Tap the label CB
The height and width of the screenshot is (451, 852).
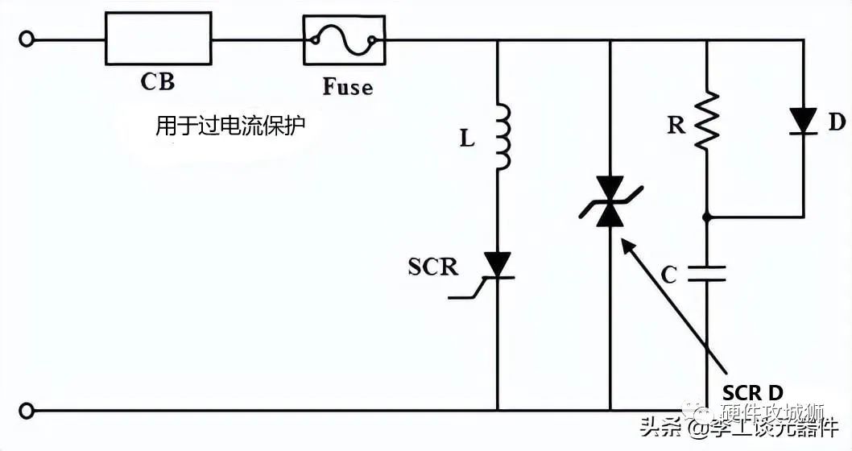coord(157,81)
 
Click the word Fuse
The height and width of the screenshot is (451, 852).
coord(348,86)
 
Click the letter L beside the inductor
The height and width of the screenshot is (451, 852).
coord(467,139)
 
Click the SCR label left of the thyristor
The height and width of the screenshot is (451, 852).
coord(433,267)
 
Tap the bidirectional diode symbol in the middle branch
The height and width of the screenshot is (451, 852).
coord(610,203)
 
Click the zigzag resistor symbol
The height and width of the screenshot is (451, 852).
coord(706,120)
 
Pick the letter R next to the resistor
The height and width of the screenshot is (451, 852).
coord(676,125)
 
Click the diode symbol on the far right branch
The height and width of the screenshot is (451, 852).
coord(803,121)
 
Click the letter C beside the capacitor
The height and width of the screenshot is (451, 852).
coord(668,275)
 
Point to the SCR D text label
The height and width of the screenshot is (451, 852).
coord(752,392)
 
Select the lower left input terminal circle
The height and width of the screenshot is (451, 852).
coord(27,411)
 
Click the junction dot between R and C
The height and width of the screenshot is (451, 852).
coord(706,217)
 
